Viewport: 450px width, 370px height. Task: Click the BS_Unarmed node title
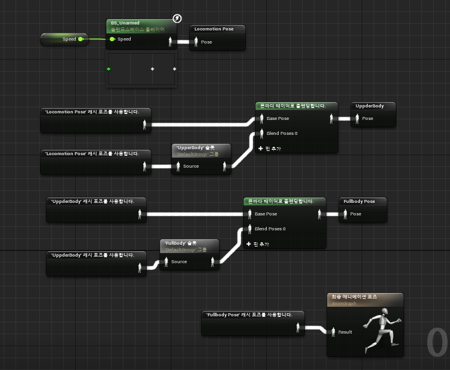point(125,23)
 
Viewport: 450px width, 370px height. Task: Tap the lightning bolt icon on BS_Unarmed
point(177,18)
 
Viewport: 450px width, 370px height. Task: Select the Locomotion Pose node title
point(214,29)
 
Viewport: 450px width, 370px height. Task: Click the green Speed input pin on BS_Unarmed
point(112,39)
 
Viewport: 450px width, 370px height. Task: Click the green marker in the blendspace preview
point(109,69)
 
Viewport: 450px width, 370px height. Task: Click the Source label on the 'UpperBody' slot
point(191,166)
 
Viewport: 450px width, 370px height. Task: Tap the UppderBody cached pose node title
point(369,106)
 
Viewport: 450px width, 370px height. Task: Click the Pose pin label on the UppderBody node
point(368,118)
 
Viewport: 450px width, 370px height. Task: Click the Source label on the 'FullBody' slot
point(179,261)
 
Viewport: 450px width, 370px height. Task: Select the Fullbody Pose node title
point(359,201)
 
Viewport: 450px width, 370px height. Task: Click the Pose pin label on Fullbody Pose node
point(356,214)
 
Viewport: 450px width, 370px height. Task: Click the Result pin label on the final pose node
point(345,332)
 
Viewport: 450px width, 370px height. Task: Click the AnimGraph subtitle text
point(344,303)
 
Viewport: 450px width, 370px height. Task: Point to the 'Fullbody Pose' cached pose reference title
point(249,314)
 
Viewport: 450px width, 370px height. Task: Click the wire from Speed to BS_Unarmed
point(95,39)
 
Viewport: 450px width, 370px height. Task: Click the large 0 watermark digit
point(437,343)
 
